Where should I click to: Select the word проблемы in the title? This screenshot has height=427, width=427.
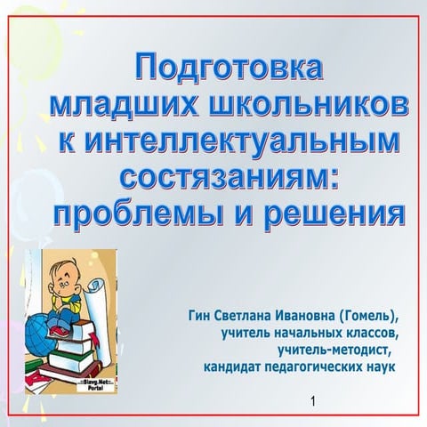[139, 214]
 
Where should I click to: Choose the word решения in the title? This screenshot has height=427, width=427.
[337, 214]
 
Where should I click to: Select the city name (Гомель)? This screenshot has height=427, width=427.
[371, 316]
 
